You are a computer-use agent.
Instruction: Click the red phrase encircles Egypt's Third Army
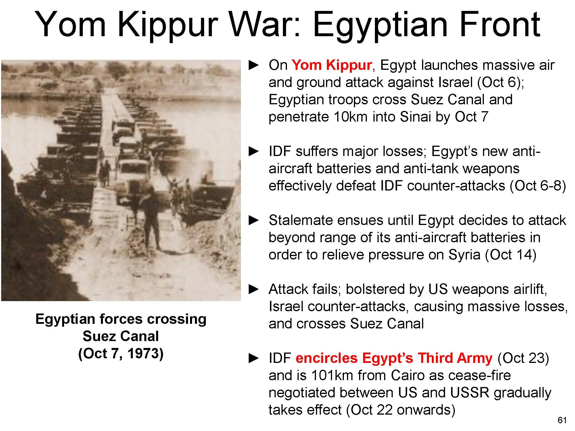[x=394, y=358]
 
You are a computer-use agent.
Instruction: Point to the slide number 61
[x=562, y=420]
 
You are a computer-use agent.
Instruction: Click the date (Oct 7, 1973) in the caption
[x=121, y=353]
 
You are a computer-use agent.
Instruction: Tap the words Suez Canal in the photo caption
[x=121, y=336]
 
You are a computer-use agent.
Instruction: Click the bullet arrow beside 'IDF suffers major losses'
[x=254, y=151]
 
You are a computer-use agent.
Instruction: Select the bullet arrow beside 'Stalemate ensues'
[x=254, y=220]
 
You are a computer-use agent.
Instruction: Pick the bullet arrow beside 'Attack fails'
[x=254, y=289]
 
